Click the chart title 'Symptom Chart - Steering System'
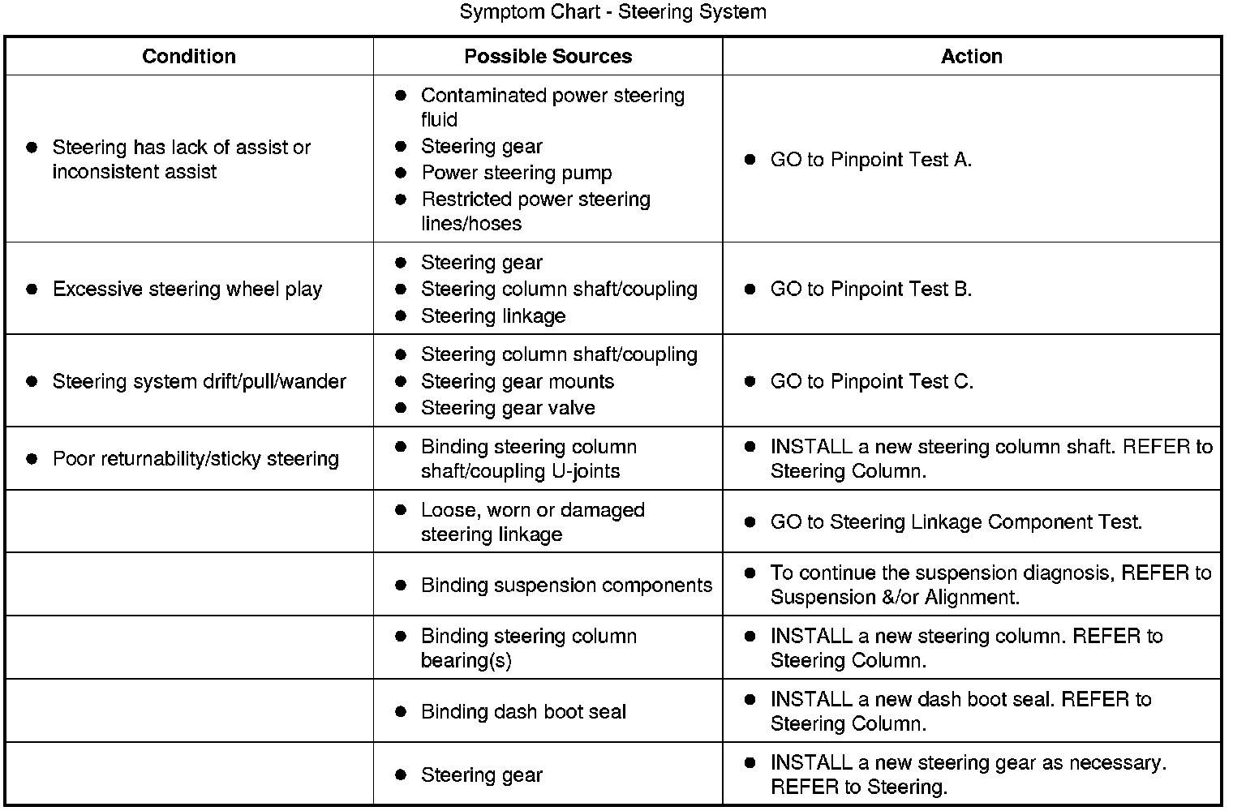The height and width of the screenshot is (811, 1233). [x=612, y=12]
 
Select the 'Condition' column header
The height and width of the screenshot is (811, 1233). [x=189, y=56]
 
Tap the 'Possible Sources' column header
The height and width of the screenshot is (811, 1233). [x=548, y=56]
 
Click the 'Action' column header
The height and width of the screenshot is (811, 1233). [x=971, y=56]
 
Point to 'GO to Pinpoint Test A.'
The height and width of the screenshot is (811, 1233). [x=870, y=160]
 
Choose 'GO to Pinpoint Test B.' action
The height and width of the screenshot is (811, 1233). [x=870, y=290]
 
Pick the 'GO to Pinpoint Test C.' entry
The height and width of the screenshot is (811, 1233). [x=871, y=382]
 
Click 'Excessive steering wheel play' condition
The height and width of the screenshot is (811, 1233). [x=187, y=290]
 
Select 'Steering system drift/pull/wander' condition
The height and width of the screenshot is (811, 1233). [x=199, y=382]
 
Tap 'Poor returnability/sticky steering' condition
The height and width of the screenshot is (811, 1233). [x=195, y=459]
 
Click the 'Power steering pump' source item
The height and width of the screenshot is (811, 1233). [x=516, y=174]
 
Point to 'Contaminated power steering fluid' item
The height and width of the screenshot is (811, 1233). [x=552, y=107]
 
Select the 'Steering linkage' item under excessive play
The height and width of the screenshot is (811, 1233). [x=493, y=316]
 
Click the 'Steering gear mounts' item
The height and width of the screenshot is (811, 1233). [x=517, y=382]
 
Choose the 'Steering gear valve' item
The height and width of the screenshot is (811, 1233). [x=508, y=408]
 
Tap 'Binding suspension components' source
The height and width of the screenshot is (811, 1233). [x=566, y=586]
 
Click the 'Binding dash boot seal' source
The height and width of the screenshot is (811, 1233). [x=523, y=712]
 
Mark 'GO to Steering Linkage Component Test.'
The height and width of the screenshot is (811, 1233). [x=956, y=522]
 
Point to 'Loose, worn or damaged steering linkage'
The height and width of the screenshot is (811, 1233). [x=532, y=522]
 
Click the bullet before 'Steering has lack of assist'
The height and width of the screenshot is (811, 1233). [x=32, y=148]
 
